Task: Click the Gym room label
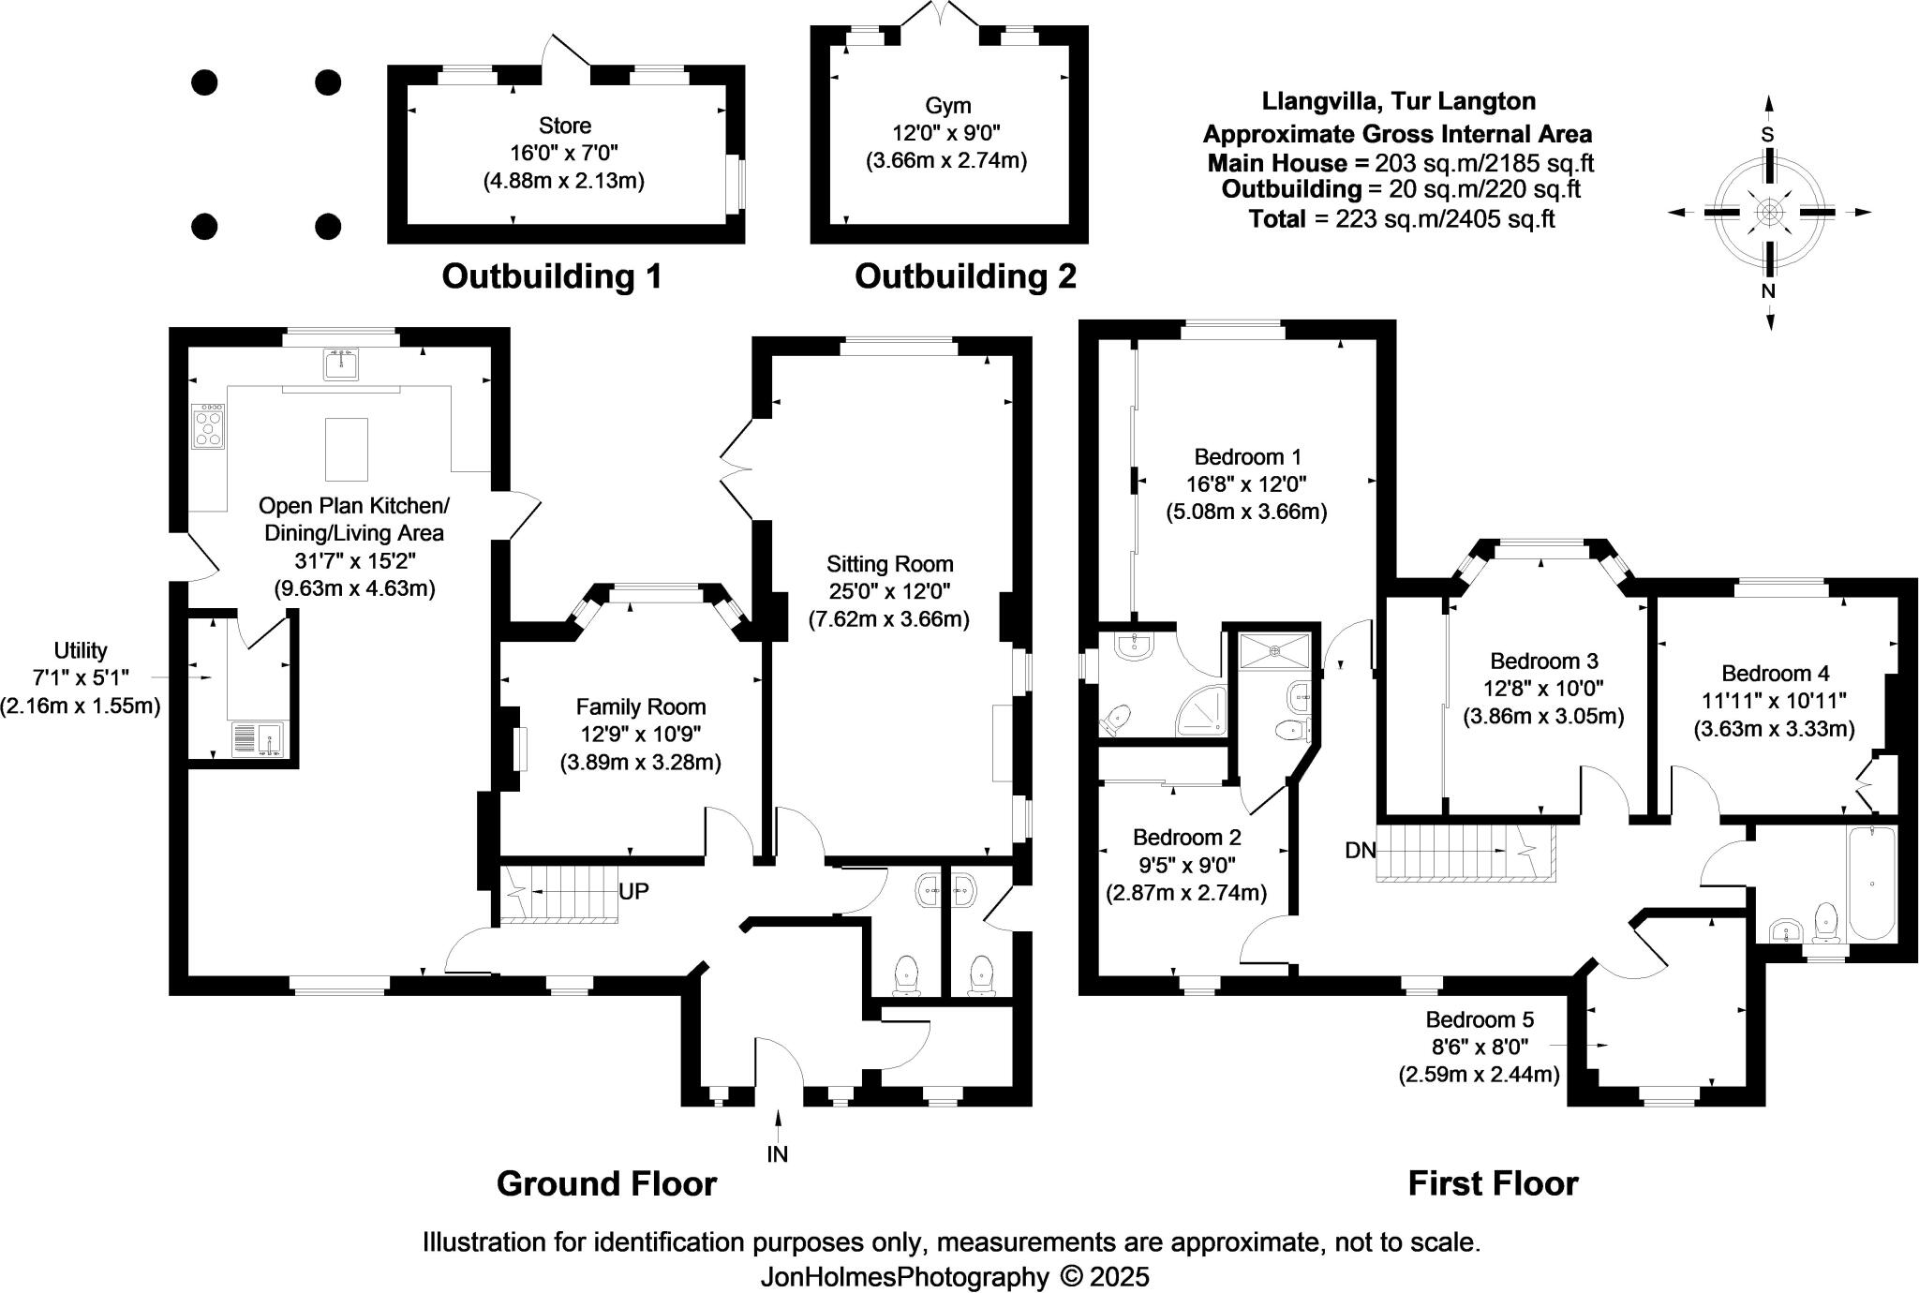coord(947,105)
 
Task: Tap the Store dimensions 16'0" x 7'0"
coord(564,153)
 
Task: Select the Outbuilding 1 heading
coord(552,276)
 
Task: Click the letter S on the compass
coord(1767,135)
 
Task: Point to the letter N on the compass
coord(1768,291)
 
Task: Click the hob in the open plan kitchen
coord(208,426)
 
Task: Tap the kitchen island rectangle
coord(346,449)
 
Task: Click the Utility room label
coord(81,650)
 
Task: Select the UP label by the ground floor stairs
coord(633,891)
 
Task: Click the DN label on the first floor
coord(1360,851)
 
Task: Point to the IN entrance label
coord(778,1154)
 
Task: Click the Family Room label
coord(641,707)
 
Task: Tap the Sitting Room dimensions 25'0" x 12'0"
coord(889,591)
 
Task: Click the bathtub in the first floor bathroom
coord(1871,883)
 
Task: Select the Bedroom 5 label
coord(1480,1019)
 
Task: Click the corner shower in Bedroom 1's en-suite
coord(1202,712)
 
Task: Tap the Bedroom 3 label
coord(1543,661)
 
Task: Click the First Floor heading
coord(1493,1184)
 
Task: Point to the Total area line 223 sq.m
coord(1402,219)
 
